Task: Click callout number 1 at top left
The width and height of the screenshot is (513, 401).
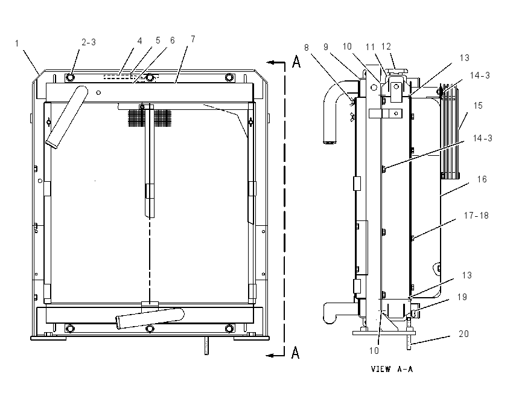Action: [17, 43]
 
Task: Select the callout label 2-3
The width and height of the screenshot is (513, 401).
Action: [89, 42]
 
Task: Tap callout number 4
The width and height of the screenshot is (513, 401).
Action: [139, 41]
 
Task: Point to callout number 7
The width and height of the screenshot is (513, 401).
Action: [193, 39]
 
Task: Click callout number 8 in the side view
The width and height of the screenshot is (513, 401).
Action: [306, 48]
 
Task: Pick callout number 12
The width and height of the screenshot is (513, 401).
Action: [386, 47]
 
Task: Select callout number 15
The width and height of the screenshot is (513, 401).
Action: [478, 106]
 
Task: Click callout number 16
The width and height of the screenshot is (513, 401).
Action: [482, 179]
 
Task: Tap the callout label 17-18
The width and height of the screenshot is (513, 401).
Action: [476, 216]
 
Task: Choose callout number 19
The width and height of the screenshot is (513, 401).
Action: [462, 297]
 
